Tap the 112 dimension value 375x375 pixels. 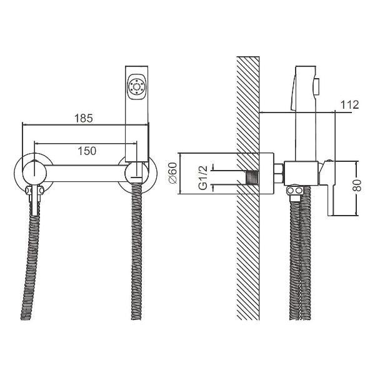tap(350, 105)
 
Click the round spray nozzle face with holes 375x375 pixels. tap(137, 86)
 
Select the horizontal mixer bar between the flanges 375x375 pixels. tap(84, 171)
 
